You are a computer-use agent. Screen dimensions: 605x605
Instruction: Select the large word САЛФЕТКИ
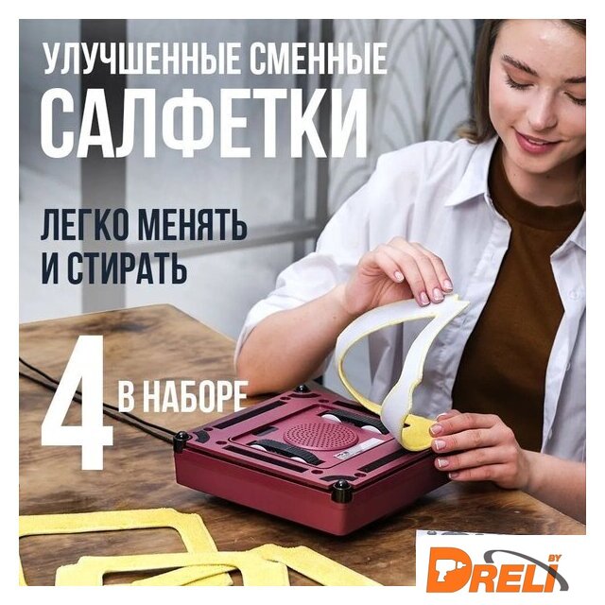(204, 122)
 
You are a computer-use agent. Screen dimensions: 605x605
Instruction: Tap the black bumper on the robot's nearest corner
(341, 490)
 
